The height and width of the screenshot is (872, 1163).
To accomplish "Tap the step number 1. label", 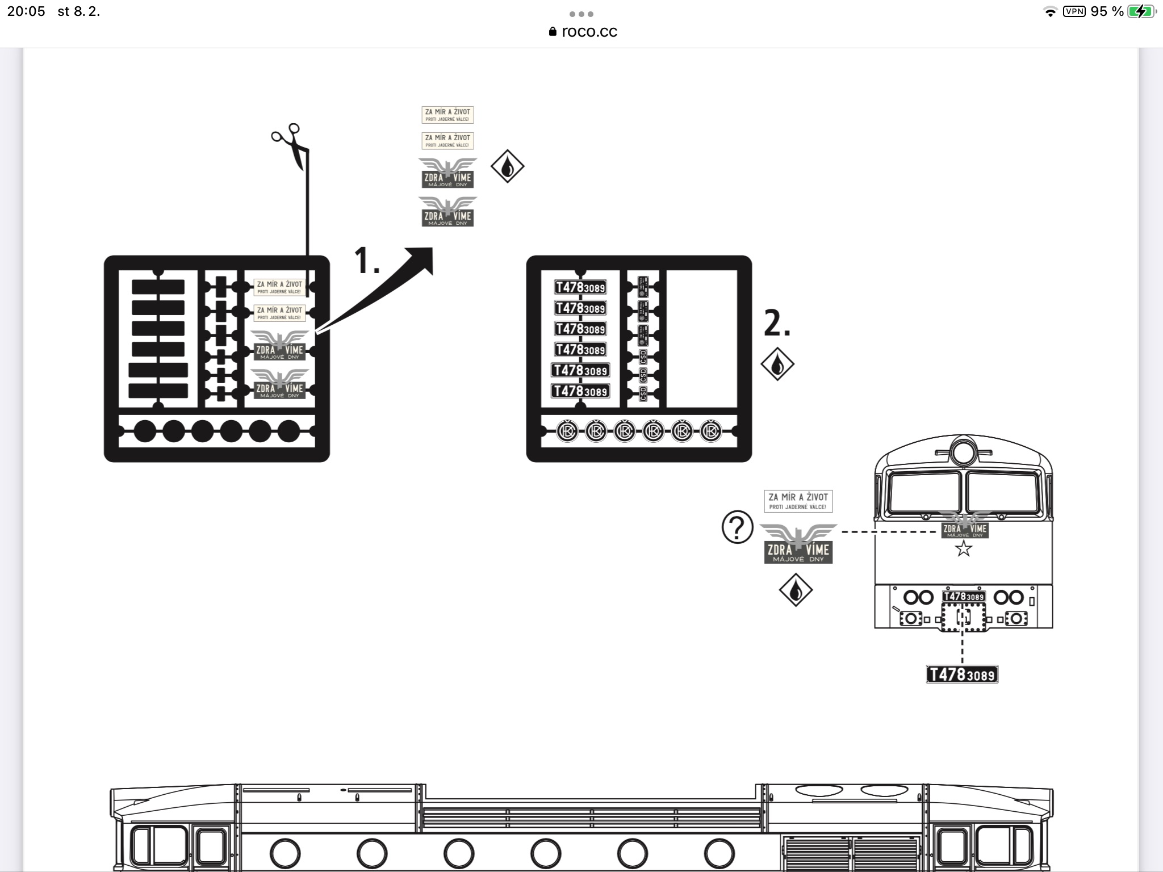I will click(x=367, y=261).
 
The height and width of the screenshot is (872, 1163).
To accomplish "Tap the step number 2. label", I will click(x=777, y=324).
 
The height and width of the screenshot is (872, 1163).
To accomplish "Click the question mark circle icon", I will click(x=737, y=527).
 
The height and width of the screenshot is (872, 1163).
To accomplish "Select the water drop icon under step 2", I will click(x=777, y=364).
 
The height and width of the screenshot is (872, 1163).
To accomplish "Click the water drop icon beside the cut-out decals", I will click(x=507, y=166).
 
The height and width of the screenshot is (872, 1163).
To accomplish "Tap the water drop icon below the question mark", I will click(x=796, y=590).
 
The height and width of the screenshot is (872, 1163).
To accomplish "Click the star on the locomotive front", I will click(x=963, y=548).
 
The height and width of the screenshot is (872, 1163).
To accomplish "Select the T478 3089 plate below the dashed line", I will click(x=962, y=674).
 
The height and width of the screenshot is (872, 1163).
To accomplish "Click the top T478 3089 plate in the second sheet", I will click(x=580, y=287).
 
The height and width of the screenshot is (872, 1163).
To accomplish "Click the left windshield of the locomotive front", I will click(x=924, y=492).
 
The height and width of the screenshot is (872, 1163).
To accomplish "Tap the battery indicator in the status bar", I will click(x=1140, y=11).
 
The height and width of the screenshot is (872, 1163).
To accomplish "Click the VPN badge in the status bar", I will click(x=1074, y=11).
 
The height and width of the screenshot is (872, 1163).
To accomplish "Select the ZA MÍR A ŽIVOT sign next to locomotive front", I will click(x=798, y=501).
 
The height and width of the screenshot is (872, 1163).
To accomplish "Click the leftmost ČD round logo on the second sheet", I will click(x=567, y=431).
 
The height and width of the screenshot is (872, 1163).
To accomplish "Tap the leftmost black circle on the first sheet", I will click(x=144, y=431).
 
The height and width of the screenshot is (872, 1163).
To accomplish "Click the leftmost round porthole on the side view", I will click(x=285, y=853).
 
